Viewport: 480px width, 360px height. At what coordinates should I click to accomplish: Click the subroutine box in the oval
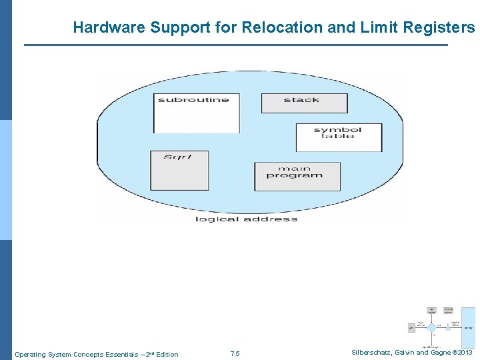(x=197, y=113)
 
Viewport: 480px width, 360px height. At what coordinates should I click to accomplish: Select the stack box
(x=304, y=103)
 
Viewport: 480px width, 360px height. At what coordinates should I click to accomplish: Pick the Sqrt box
(x=179, y=170)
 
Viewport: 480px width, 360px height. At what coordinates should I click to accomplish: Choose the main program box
(x=297, y=176)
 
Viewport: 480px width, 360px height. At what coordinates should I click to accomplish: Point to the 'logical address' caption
(x=246, y=219)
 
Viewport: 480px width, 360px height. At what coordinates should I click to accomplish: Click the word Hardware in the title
(x=109, y=28)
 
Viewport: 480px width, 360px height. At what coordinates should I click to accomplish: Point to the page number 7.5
(x=235, y=354)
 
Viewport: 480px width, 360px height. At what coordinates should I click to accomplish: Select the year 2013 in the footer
(x=465, y=353)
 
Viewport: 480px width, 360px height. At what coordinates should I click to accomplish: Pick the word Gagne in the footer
(x=439, y=353)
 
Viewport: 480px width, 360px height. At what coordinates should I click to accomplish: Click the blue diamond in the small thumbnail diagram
(x=431, y=328)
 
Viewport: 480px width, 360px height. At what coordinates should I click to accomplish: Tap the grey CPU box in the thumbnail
(x=412, y=328)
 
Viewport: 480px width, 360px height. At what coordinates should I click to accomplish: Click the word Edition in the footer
(x=166, y=354)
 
